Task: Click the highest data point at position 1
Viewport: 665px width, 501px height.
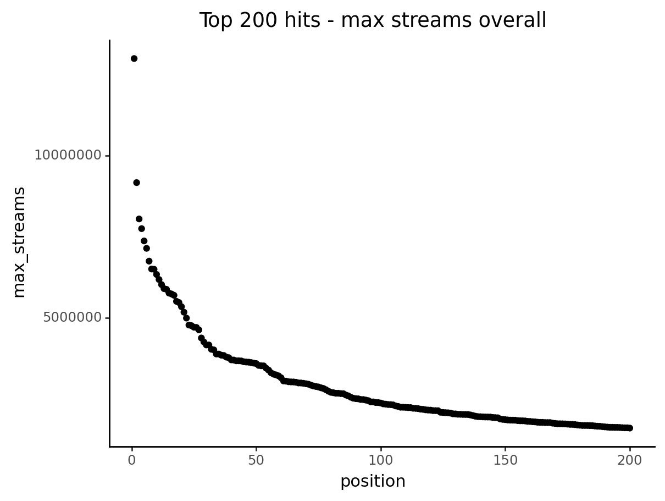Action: (134, 59)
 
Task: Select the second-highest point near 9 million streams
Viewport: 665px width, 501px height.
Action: (136, 183)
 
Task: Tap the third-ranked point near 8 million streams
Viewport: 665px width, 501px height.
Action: (139, 219)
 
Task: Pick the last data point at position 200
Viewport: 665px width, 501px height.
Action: (630, 428)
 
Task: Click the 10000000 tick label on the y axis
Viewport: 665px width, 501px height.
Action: (68, 156)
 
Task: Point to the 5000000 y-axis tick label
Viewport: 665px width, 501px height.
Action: (73, 318)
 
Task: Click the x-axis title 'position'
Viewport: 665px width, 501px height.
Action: (373, 482)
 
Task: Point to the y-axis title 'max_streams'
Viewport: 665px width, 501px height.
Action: (19, 243)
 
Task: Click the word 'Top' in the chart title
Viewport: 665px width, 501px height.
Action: (214, 21)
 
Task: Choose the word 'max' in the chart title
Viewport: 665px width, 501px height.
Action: (358, 21)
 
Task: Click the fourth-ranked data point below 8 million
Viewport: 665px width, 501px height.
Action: (141, 229)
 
